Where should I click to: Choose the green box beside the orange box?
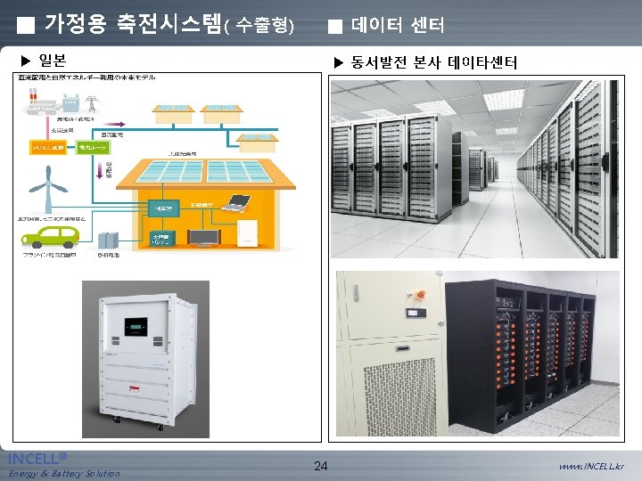[x=92, y=148]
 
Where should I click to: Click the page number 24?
[x=321, y=465]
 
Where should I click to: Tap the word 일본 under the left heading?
[x=52, y=61]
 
